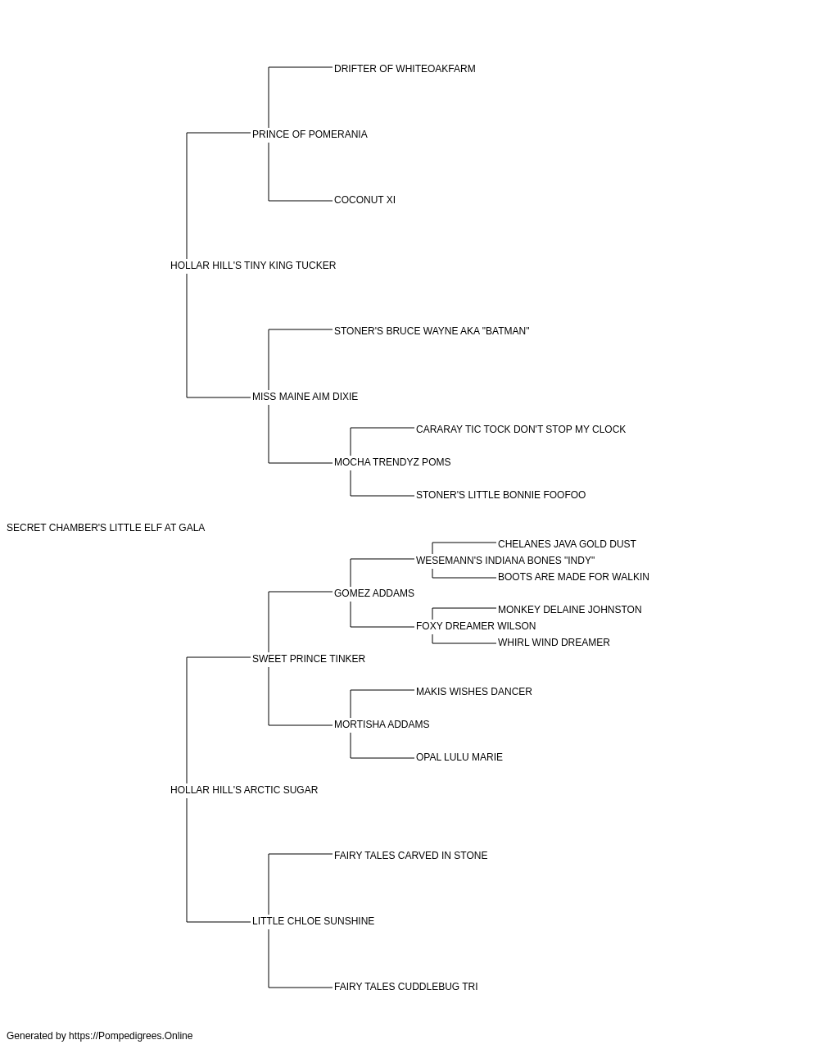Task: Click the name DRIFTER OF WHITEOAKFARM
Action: (405, 69)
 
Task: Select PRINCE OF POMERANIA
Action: (310, 134)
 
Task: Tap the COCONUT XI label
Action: (364, 200)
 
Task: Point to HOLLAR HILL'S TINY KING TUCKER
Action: (253, 266)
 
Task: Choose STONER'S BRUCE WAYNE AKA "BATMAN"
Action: (432, 331)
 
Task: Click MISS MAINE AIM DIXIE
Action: (305, 397)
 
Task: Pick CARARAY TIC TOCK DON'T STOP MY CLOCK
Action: (520, 429)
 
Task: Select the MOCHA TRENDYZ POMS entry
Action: (392, 462)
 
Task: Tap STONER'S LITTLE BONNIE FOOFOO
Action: (500, 495)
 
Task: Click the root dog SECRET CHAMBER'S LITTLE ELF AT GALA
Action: (106, 528)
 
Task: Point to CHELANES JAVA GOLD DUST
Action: (567, 544)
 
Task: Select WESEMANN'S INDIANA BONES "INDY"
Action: (505, 561)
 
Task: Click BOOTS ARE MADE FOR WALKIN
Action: (573, 578)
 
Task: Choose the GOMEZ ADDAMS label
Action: (373, 594)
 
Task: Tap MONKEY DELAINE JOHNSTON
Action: (570, 611)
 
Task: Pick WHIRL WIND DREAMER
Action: (554, 643)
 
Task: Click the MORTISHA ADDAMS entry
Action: (382, 724)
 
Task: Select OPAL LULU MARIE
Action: (459, 757)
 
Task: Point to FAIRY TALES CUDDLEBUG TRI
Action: (405, 987)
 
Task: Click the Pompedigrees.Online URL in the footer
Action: (131, 1036)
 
